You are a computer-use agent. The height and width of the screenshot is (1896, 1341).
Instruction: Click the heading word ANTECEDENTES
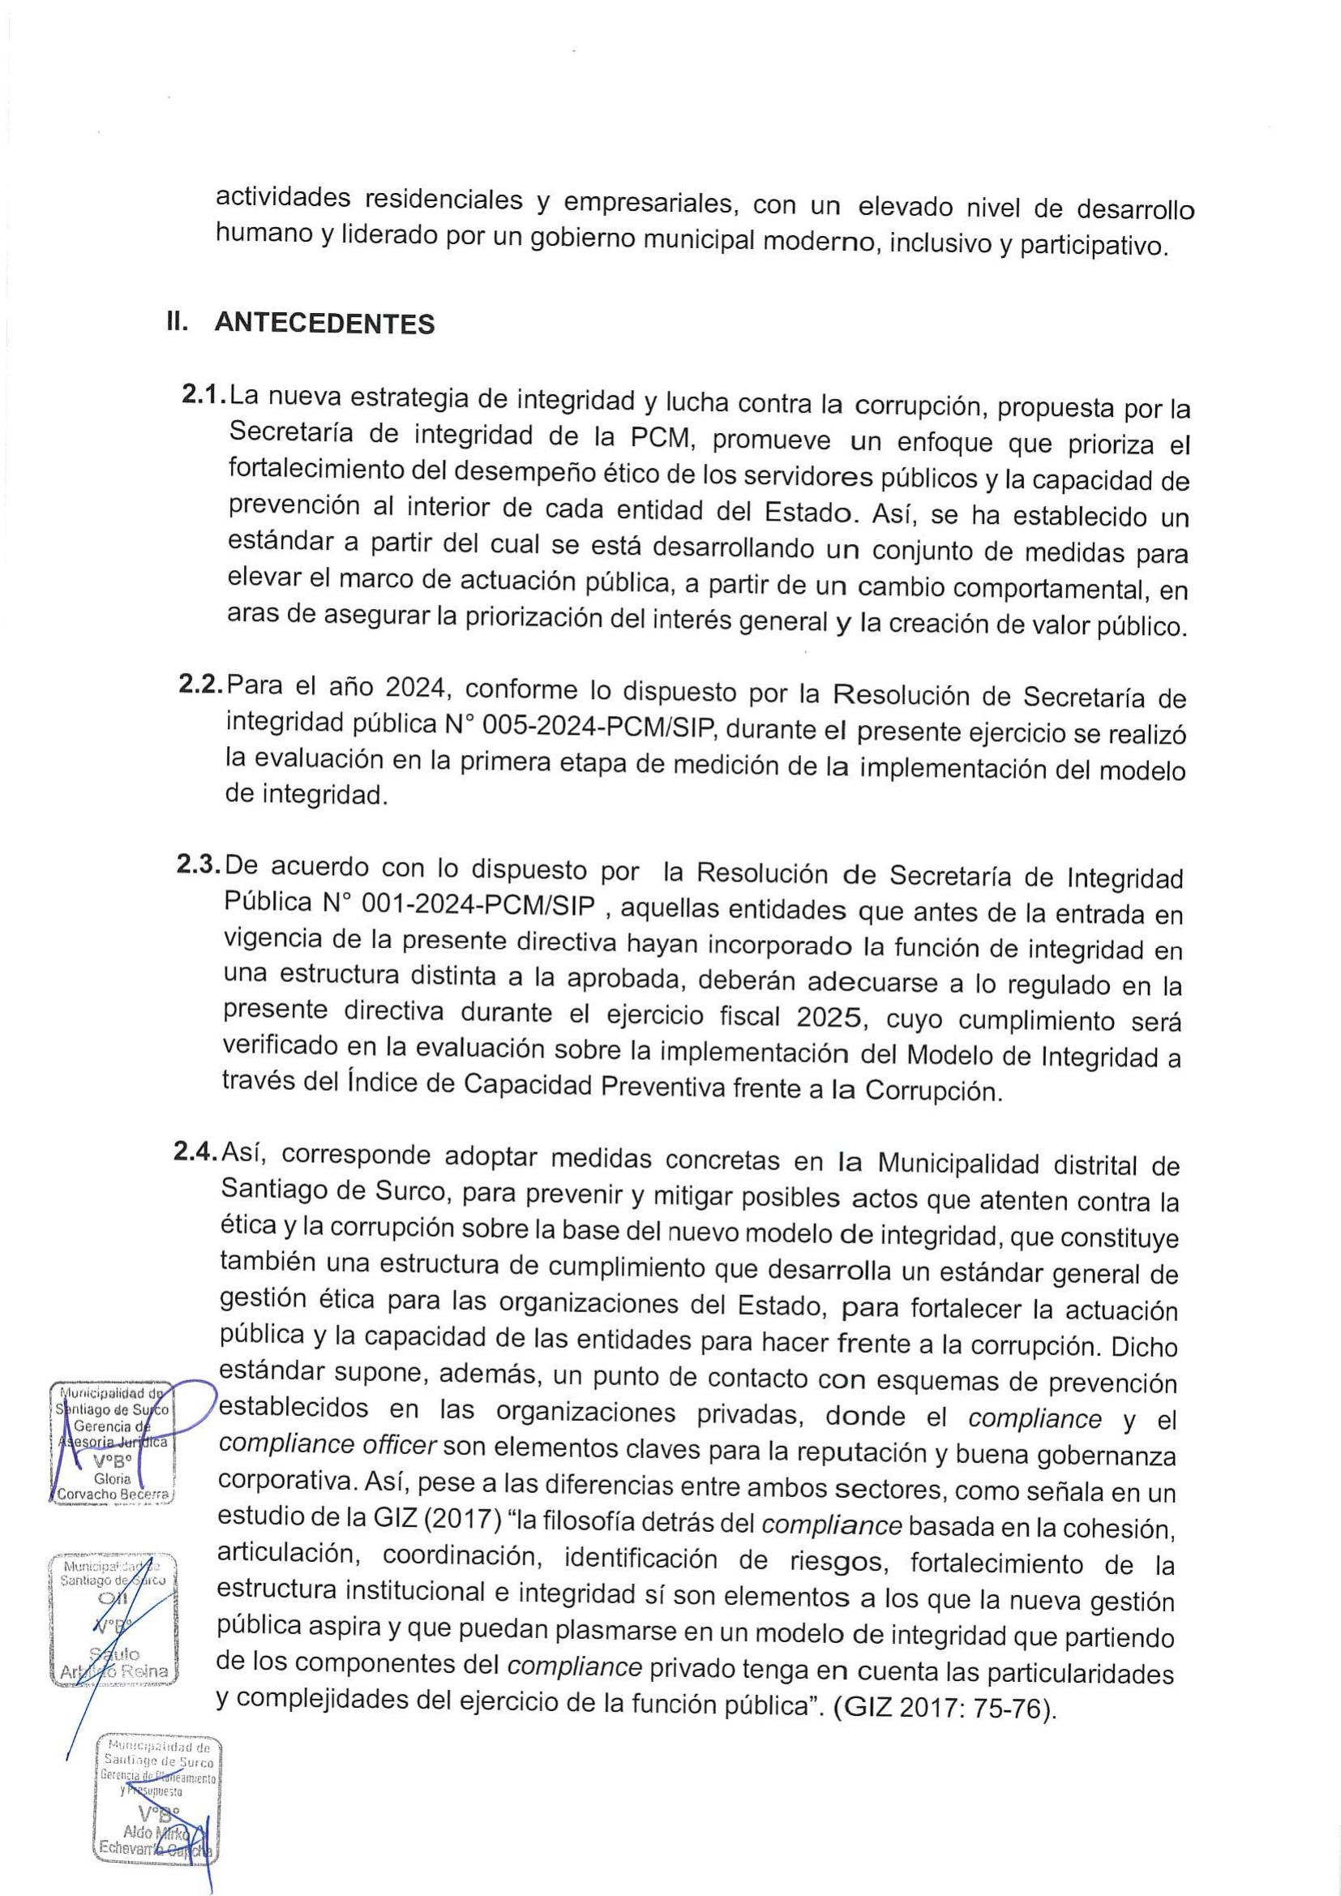pos(324,323)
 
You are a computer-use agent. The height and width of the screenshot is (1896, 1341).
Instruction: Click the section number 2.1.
pos(204,396)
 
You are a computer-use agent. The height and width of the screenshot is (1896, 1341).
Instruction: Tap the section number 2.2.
pos(200,685)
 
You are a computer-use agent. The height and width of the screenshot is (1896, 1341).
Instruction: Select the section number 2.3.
pos(199,864)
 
